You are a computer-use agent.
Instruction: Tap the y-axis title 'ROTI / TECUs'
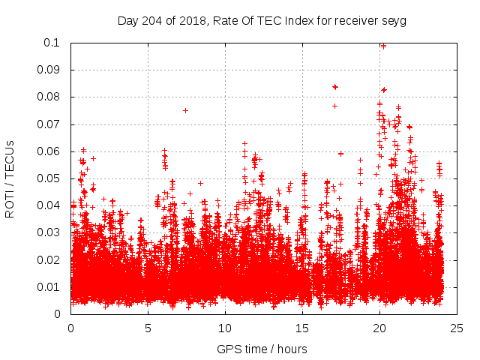coord(10,178)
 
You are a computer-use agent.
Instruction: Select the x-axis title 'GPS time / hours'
coord(262,349)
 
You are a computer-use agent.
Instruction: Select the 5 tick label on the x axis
coord(148,328)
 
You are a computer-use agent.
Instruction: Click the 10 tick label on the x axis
coord(225,328)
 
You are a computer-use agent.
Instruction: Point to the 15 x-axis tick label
coord(302,328)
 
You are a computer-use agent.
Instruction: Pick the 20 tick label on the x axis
coord(379,328)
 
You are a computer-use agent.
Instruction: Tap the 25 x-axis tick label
coord(457,328)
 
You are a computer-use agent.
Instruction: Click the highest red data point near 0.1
coord(383,46)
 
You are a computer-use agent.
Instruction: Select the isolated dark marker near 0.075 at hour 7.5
coord(185,110)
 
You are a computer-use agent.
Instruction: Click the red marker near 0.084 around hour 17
coord(335,87)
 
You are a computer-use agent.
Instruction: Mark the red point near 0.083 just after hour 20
coord(384,89)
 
